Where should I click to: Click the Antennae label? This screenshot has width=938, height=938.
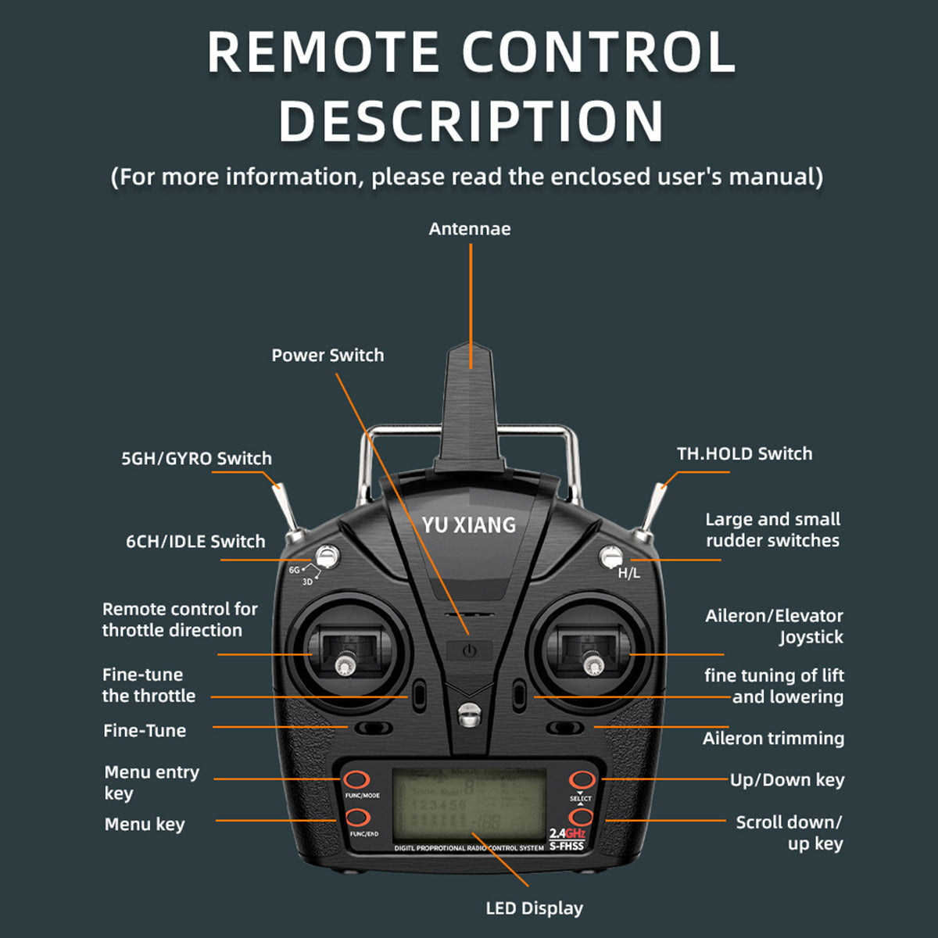469,229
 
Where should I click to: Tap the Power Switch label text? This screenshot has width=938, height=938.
328,355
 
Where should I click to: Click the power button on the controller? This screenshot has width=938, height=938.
469,651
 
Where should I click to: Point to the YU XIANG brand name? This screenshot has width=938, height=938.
469,524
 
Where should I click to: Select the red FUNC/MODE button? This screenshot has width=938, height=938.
357,779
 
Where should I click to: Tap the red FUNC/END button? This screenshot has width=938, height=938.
357,818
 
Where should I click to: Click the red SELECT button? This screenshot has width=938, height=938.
581,779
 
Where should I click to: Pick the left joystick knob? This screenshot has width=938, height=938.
344,665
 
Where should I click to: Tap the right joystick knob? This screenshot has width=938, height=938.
596,665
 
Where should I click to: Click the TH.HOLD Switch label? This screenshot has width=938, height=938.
744,453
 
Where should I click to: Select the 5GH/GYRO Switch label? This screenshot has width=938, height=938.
196,458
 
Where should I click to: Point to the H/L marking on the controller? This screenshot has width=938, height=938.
628,573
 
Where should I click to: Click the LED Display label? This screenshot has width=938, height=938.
534,908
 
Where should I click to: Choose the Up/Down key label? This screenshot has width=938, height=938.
786,779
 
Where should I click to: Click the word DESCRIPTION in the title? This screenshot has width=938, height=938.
471,121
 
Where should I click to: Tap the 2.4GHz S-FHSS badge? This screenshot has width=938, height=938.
567,839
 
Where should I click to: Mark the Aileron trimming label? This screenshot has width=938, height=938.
772,738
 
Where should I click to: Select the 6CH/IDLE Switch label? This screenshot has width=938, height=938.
195,541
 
